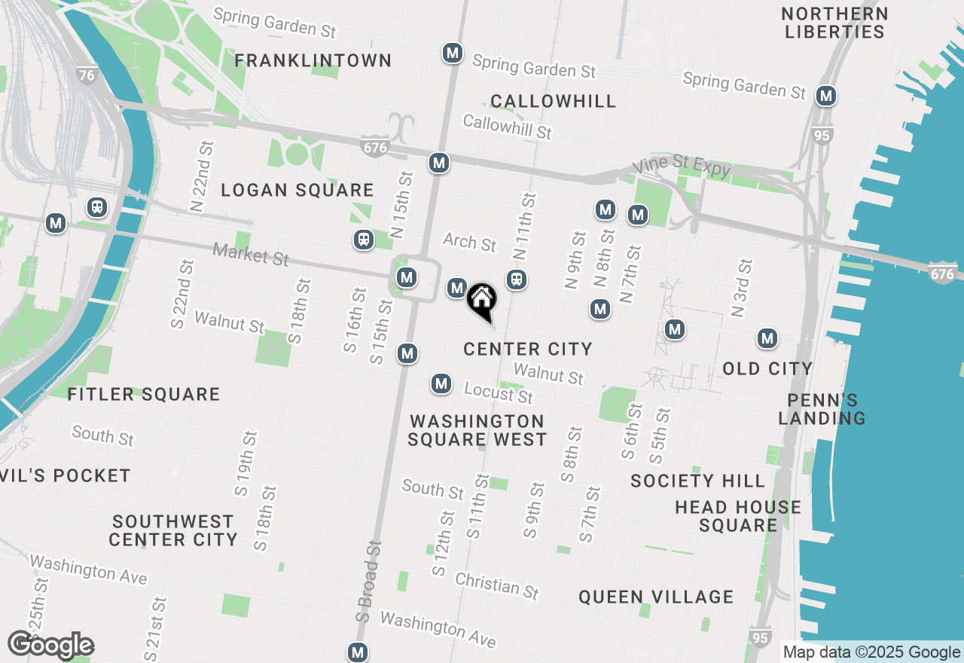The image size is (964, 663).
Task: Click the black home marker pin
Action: [481, 300]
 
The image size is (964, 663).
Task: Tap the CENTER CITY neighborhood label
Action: [527, 349]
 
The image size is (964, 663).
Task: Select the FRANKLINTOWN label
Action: [313, 60]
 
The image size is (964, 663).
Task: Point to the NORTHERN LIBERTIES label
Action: [834, 23]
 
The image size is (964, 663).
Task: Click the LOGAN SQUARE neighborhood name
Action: [297, 191]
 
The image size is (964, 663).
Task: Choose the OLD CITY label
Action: [767, 368]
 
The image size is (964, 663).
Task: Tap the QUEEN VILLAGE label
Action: [655, 597]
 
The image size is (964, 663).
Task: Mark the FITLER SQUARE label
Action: [143, 394]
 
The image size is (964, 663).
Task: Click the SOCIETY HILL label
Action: [697, 481]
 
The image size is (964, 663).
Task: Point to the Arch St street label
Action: [469, 242]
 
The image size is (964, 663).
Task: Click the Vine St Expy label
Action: [682, 167]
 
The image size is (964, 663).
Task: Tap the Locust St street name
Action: [498, 393]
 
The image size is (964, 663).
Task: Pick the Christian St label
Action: [497, 585]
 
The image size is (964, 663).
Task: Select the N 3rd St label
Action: [742, 288]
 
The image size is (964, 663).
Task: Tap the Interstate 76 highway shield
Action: [87, 75]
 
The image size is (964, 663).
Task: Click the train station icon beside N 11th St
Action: [516, 280]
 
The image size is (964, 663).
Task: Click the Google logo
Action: [50, 645]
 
